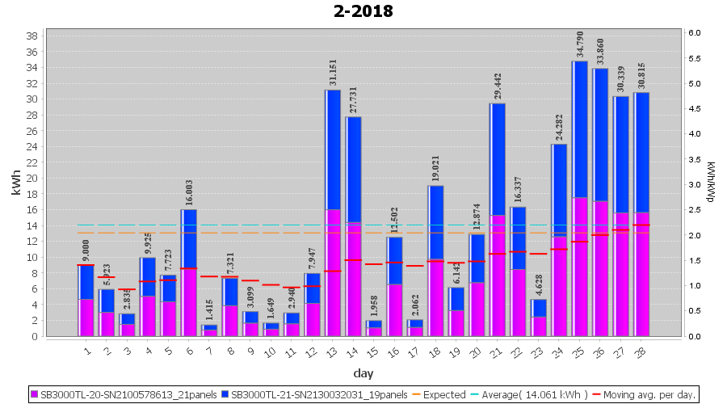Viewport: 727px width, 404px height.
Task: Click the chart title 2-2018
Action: (x=363, y=11)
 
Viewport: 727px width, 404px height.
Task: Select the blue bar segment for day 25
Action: (x=580, y=129)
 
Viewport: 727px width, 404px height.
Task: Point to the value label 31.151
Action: (x=333, y=71)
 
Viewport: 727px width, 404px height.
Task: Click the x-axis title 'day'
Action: (x=363, y=372)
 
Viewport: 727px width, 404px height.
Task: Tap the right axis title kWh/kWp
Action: (x=712, y=183)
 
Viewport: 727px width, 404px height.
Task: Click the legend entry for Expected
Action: (x=441, y=395)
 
